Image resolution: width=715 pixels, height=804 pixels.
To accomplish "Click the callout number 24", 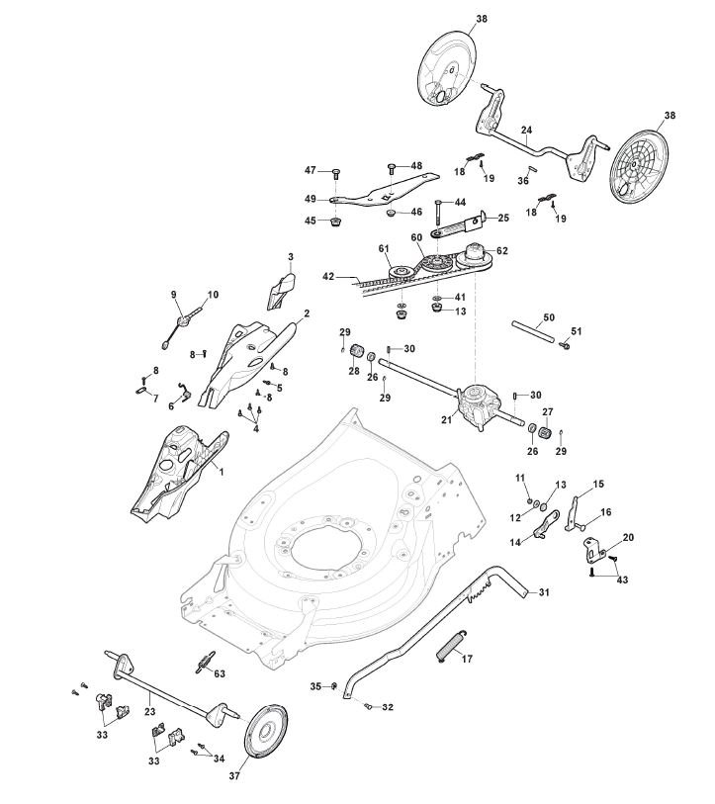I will click(x=526, y=130).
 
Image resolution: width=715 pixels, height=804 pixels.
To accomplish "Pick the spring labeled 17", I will click(x=451, y=646).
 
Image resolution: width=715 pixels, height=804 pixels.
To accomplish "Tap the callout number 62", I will click(x=502, y=250).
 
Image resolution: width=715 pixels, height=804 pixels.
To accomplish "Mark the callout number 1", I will click(x=222, y=472).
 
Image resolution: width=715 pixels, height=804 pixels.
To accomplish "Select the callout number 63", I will click(x=220, y=673).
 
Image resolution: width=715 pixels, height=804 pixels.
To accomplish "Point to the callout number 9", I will click(x=172, y=295).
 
